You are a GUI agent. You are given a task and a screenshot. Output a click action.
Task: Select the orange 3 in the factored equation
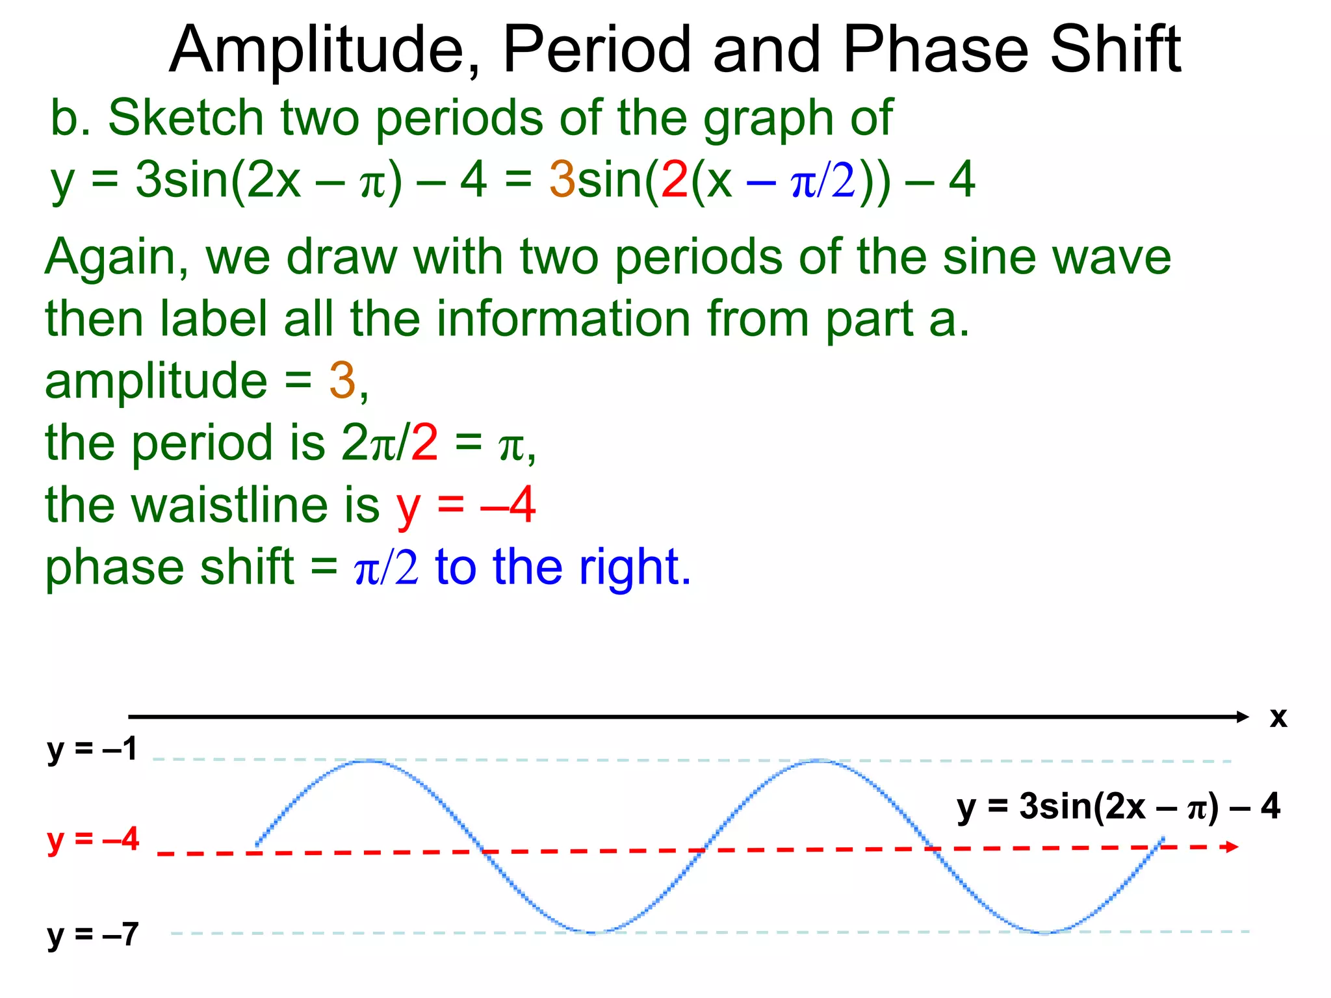click(x=562, y=180)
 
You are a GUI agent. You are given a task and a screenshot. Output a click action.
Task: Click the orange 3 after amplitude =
click(x=342, y=381)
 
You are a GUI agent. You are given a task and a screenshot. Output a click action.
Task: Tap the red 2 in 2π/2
click(x=424, y=443)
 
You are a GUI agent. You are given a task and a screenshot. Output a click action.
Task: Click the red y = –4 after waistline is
click(x=465, y=505)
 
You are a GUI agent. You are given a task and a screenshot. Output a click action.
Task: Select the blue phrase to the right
click(x=563, y=567)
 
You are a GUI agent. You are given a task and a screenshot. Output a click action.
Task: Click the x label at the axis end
click(x=1278, y=717)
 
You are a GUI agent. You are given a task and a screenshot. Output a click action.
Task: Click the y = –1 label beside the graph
click(x=92, y=749)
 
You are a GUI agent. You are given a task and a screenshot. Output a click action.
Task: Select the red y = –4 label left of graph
click(x=92, y=839)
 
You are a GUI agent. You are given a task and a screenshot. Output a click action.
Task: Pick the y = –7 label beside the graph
click(x=92, y=935)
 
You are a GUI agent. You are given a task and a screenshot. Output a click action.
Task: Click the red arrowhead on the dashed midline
click(x=1231, y=846)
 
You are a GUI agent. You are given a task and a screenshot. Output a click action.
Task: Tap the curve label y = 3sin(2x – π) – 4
click(x=1118, y=806)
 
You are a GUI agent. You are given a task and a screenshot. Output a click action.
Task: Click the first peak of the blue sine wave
click(x=368, y=760)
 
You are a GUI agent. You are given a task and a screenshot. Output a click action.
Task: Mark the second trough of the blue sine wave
click(x=1044, y=932)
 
